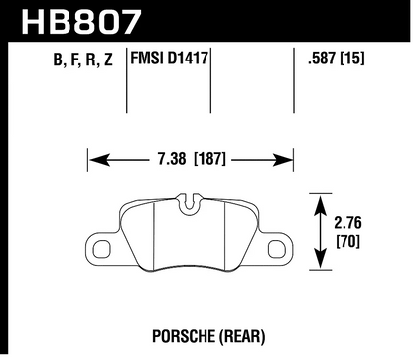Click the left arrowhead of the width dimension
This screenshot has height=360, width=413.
click(x=92, y=156)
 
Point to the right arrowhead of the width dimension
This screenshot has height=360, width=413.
click(x=293, y=156)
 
